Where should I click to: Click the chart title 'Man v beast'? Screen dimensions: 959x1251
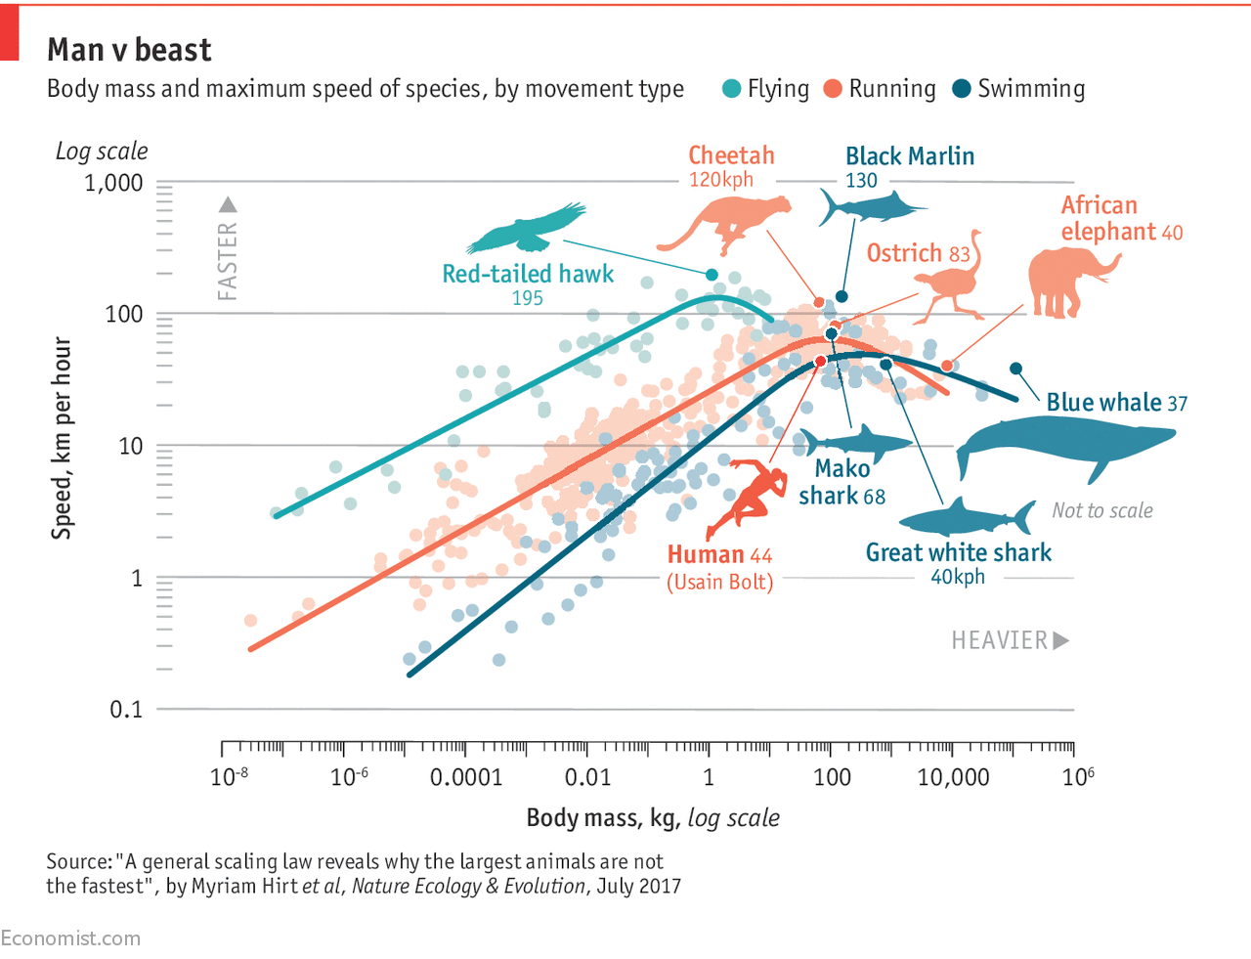[129, 50]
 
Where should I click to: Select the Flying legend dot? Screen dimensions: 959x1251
[731, 89]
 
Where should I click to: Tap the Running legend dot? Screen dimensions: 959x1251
[833, 89]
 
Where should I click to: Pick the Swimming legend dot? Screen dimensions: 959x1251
[962, 89]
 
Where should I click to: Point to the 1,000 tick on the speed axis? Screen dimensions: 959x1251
[113, 183]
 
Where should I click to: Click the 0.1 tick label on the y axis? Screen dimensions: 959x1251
[126, 710]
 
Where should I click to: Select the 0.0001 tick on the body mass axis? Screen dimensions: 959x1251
[466, 778]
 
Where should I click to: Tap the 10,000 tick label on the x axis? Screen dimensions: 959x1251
[953, 778]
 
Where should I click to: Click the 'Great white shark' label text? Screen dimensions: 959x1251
[959, 553]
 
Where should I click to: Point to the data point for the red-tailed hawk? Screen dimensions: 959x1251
[712, 275]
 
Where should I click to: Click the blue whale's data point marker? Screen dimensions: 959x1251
[1015, 369]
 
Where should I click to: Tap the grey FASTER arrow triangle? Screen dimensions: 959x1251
[228, 204]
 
